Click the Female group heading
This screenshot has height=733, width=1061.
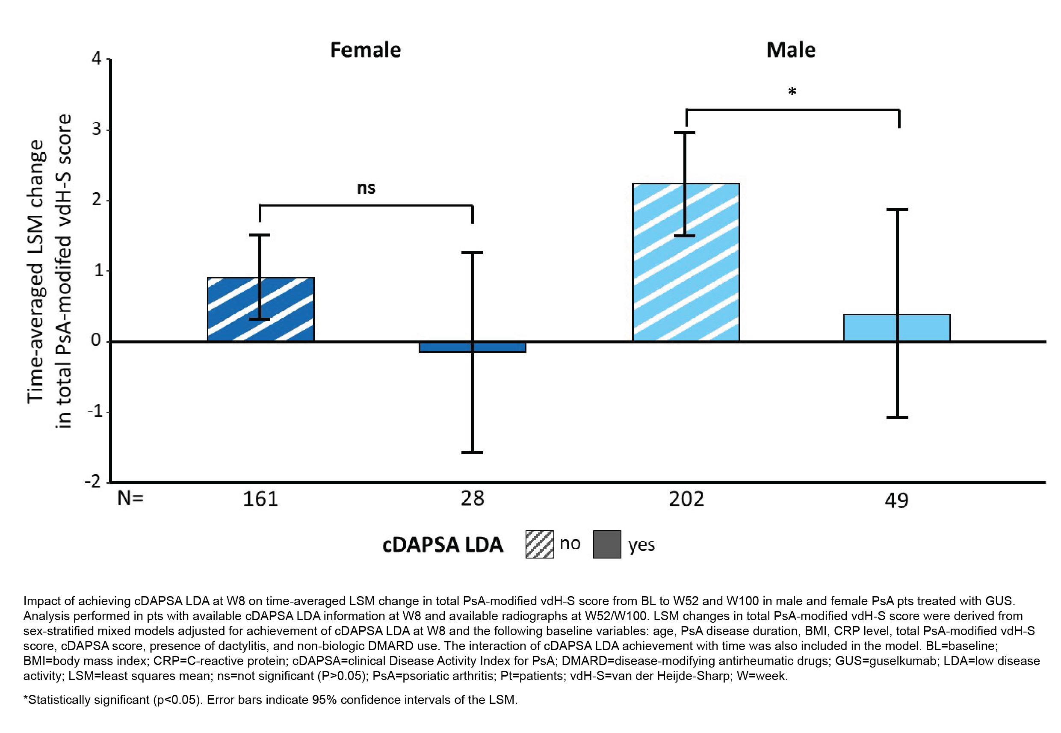(366, 50)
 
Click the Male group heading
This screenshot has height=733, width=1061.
(790, 50)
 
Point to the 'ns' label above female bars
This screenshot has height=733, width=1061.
(366, 188)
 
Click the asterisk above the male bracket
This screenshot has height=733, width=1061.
(792, 92)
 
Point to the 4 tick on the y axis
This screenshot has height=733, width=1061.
(97, 59)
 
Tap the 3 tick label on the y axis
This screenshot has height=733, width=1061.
(97, 129)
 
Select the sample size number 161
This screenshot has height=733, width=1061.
(260, 499)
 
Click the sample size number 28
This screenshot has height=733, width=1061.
(472, 499)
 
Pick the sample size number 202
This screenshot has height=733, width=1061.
(686, 499)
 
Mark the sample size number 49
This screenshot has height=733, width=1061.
(896, 500)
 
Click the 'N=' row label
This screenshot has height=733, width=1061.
(130, 498)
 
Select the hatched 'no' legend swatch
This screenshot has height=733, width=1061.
(539, 545)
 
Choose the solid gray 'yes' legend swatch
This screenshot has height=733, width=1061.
(607, 545)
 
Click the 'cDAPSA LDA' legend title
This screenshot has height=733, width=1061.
(442, 545)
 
